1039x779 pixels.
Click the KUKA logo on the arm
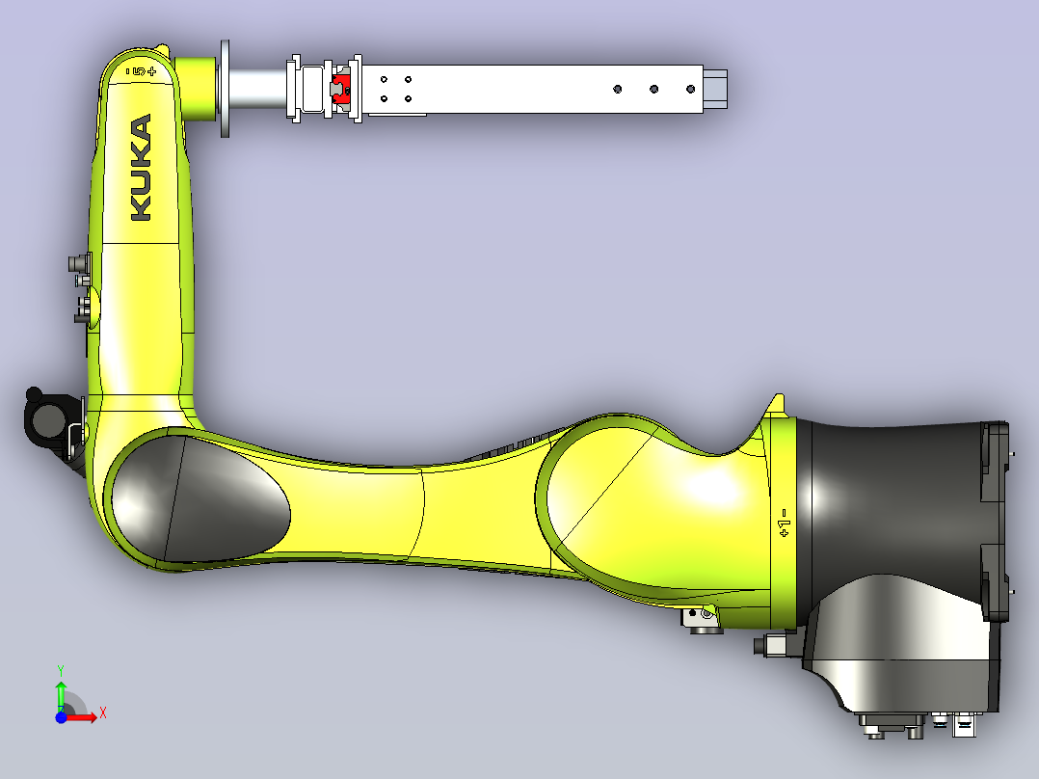point(141,167)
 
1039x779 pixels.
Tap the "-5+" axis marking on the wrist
point(141,71)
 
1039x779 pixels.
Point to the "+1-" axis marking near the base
point(784,523)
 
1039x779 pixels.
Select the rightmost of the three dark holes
point(690,89)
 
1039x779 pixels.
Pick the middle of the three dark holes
point(654,89)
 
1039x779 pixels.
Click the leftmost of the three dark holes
point(618,89)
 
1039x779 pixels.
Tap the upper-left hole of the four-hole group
point(384,80)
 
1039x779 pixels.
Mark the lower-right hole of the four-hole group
point(409,98)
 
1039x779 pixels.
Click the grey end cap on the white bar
point(715,89)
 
